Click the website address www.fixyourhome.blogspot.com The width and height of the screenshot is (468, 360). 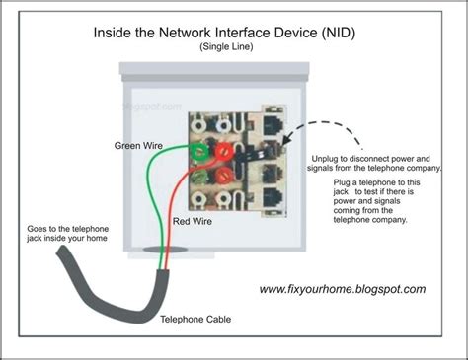tap(343, 289)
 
